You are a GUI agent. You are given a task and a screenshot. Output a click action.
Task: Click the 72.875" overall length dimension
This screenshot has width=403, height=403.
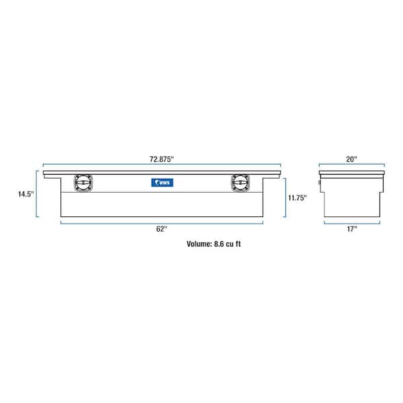pos(162,159)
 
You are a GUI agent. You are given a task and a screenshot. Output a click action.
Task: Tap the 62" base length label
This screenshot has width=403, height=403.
pos(162,229)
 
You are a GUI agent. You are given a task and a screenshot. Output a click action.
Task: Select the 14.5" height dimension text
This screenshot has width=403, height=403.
pos(26,194)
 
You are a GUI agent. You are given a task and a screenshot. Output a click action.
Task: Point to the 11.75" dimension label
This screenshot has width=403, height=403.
pos(298,198)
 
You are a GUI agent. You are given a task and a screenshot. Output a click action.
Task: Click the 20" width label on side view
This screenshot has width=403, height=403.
pos(351,159)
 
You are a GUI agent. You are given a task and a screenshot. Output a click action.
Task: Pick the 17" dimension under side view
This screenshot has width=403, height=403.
pos(352,229)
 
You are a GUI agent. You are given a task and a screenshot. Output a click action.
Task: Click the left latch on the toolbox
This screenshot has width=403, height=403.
pos(83,183)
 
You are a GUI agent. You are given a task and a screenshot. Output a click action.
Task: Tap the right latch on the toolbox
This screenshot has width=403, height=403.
pos(240,183)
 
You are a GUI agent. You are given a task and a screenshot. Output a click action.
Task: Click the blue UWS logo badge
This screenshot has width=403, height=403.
pos(162,183)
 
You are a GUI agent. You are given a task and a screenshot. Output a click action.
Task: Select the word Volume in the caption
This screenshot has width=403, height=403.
pos(199,244)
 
